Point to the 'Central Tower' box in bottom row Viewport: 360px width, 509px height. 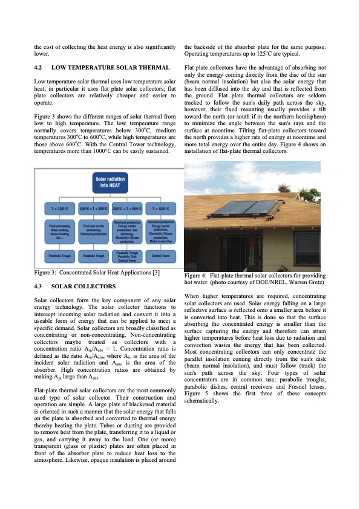click(x=161, y=256)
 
